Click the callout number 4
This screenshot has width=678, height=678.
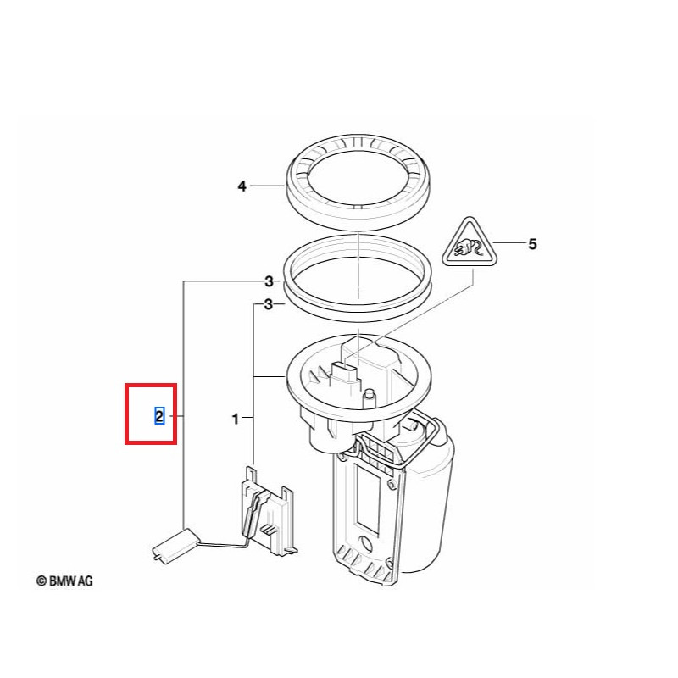[x=242, y=186]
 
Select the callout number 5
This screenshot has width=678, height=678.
[x=532, y=244]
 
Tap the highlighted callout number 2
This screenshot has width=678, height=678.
[x=159, y=416]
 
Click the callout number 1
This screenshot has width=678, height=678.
[x=236, y=419]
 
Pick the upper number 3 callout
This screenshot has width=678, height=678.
[x=269, y=282]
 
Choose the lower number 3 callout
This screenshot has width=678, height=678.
[x=269, y=305]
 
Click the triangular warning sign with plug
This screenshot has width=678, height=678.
[x=470, y=244]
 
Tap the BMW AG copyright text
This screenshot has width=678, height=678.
[x=65, y=581]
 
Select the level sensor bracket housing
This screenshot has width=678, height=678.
[x=268, y=510]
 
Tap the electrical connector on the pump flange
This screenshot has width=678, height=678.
[x=345, y=375]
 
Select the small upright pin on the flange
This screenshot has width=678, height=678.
[x=369, y=397]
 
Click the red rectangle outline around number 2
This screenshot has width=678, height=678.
[x=125, y=414]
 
